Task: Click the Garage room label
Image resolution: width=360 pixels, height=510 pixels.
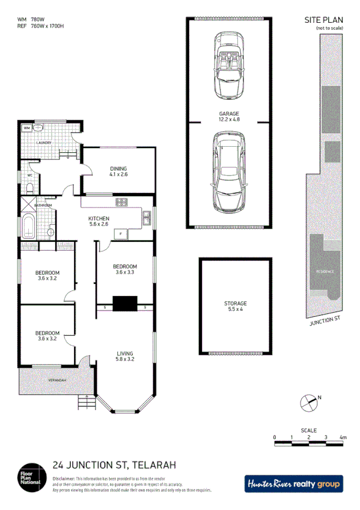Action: pos(229,114)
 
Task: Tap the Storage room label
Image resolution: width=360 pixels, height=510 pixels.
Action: pos(236,304)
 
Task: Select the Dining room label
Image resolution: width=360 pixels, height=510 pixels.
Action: pos(118,168)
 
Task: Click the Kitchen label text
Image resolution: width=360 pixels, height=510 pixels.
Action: pos(99,218)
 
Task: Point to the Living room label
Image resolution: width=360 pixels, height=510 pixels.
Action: pos(125,353)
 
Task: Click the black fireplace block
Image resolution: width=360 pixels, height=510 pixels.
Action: pos(126,304)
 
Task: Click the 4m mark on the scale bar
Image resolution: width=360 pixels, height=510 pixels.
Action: pos(343,437)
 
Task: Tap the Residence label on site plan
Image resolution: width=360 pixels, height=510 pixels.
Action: pos(325,271)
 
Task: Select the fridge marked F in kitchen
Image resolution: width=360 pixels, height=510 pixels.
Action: pos(121,233)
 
